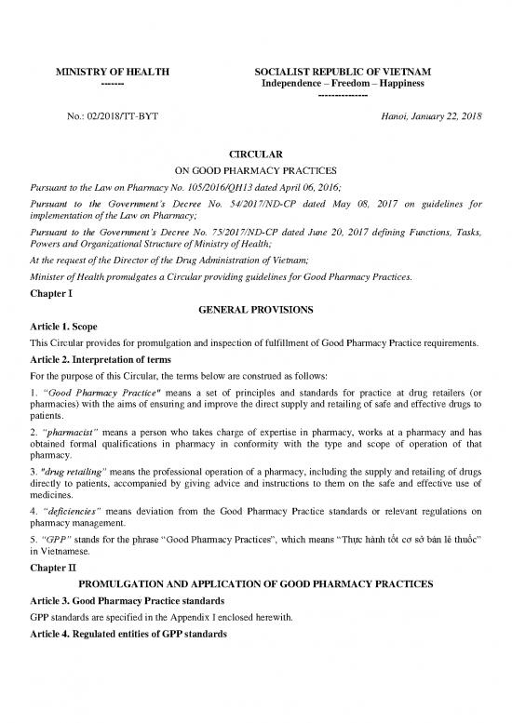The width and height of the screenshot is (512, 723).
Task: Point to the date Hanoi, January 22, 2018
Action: point(424,116)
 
